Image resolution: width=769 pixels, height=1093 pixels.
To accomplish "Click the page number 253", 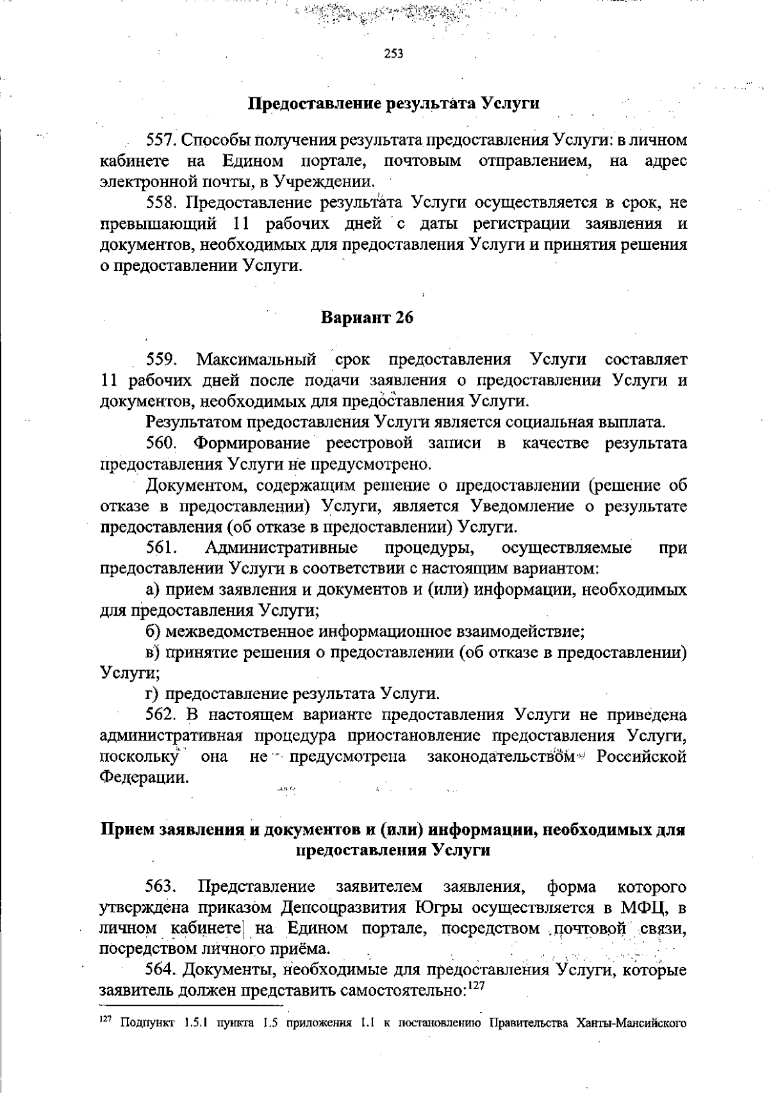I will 393,54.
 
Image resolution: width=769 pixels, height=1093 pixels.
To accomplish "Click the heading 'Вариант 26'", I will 367,318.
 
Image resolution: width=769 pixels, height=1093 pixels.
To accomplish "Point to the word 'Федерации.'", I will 145,778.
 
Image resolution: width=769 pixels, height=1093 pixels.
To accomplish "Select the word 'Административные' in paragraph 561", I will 281,548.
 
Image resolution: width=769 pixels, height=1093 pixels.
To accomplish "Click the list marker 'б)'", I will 153,632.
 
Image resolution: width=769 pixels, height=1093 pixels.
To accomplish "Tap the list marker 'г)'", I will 153,694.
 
